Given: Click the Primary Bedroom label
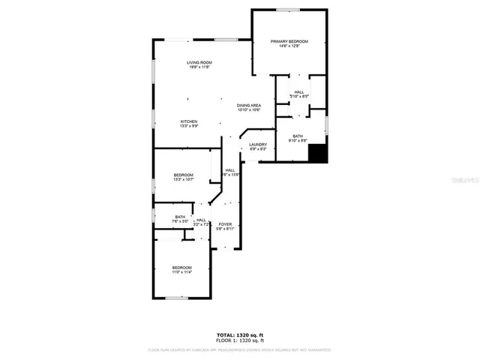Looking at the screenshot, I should (289, 41).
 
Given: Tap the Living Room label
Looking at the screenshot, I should (199, 62).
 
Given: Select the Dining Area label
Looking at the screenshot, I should (249, 105).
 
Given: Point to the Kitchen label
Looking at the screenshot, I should (188, 121).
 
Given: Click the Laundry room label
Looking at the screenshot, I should (258, 144).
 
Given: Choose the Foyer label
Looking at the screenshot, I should (225, 224).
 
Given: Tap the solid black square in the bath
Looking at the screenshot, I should (319, 152).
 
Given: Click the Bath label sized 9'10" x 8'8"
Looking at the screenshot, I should (298, 136).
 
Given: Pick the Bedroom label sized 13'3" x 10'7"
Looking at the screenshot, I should (184, 175).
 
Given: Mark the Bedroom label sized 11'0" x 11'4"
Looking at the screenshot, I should (181, 268).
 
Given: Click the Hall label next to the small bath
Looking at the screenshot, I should (201, 220).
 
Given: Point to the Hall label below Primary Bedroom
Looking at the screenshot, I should (298, 91).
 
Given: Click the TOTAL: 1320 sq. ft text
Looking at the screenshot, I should (240, 334).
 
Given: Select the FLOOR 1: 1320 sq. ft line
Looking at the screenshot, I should (240, 340).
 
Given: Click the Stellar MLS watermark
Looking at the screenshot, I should (463, 181).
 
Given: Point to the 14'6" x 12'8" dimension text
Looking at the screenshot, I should (289, 46).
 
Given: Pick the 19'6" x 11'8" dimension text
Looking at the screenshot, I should (199, 67).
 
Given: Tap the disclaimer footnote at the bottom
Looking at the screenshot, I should (240, 349).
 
